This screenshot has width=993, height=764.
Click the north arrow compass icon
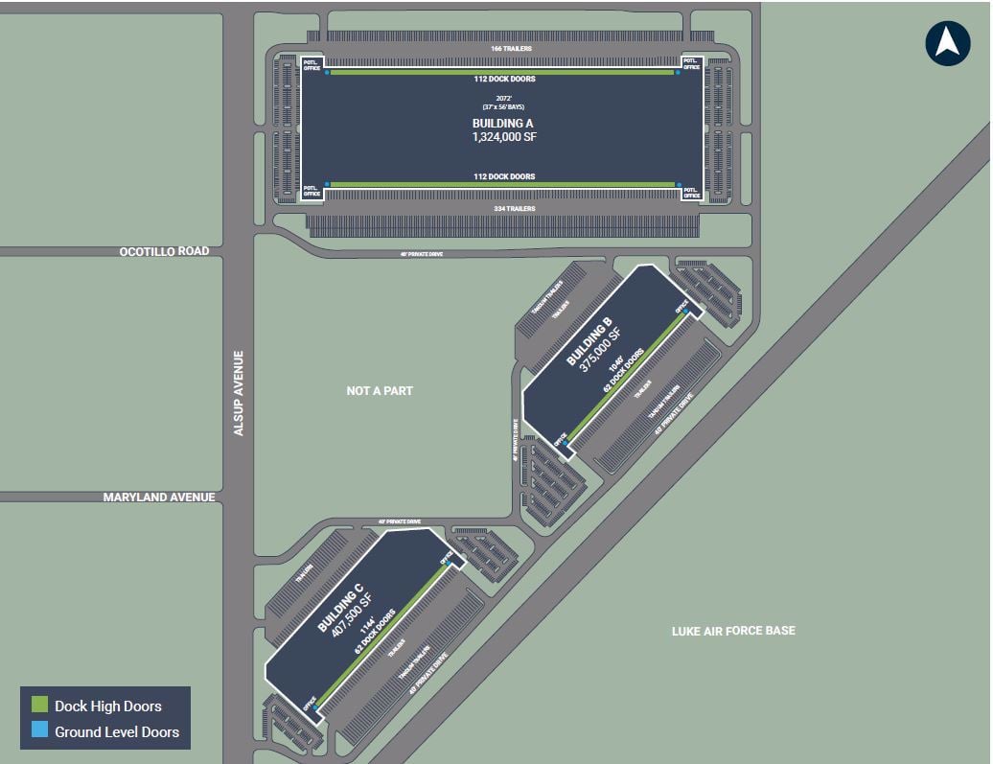pos(947,43)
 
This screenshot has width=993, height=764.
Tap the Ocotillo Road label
pos(164,251)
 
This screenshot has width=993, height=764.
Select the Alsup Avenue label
pos(240,393)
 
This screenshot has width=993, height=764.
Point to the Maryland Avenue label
pos(159,498)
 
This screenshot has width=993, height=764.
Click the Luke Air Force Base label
pos(732,630)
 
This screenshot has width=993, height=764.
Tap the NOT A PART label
pos(380,391)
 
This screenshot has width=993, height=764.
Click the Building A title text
pos(502,124)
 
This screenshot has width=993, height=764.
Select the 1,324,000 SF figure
pos(502,138)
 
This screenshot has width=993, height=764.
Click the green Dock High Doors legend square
pos(39,706)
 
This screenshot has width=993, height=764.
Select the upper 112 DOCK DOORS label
pos(502,80)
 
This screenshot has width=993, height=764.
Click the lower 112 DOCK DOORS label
pos(502,176)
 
